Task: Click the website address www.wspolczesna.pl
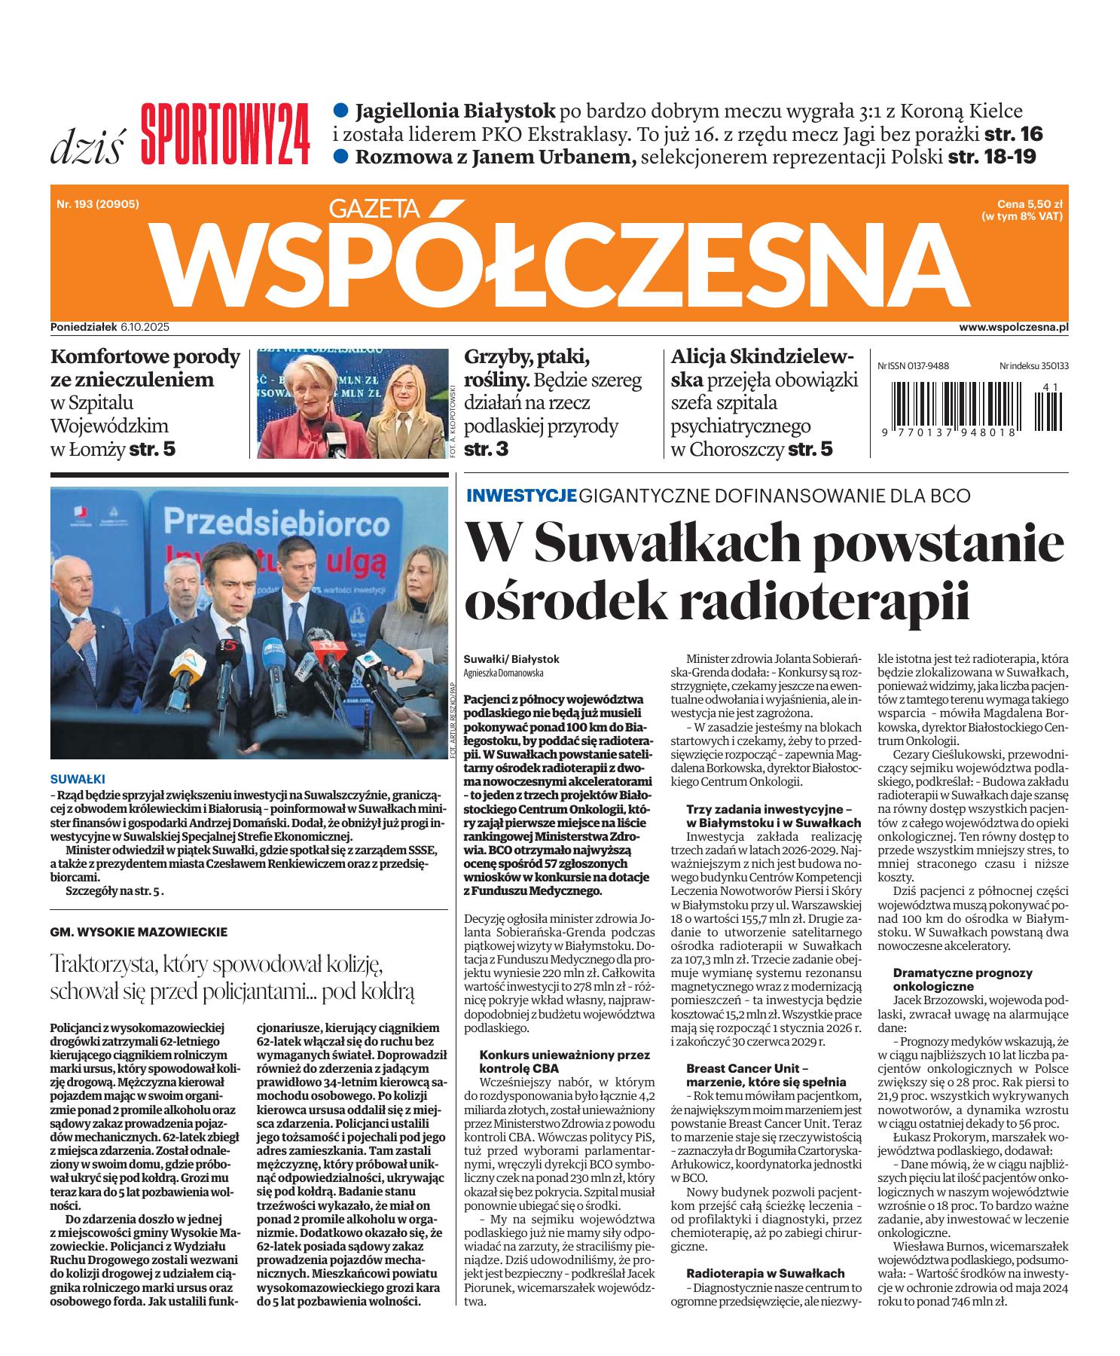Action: pos(1014,328)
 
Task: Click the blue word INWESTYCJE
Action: pos(521,496)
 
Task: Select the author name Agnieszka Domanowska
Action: pos(503,673)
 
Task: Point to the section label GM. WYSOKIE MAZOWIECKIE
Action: pos(138,932)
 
